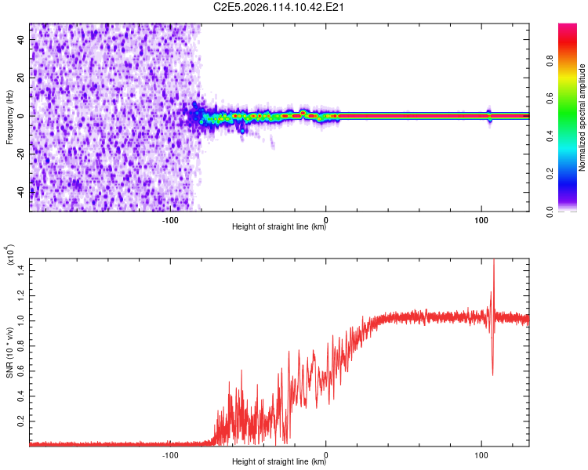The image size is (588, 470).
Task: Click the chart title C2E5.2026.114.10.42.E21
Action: pyautogui.click(x=280, y=7)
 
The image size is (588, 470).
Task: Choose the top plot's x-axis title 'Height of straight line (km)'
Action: pyautogui.click(x=280, y=226)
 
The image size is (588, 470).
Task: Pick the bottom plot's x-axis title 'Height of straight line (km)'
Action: pyautogui.click(x=280, y=461)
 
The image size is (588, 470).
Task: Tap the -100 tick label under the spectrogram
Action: pyautogui.click(x=170, y=220)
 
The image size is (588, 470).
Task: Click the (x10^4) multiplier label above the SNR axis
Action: pyautogui.click(x=10, y=256)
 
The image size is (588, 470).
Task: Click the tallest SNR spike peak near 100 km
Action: pyautogui.click(x=493, y=261)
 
